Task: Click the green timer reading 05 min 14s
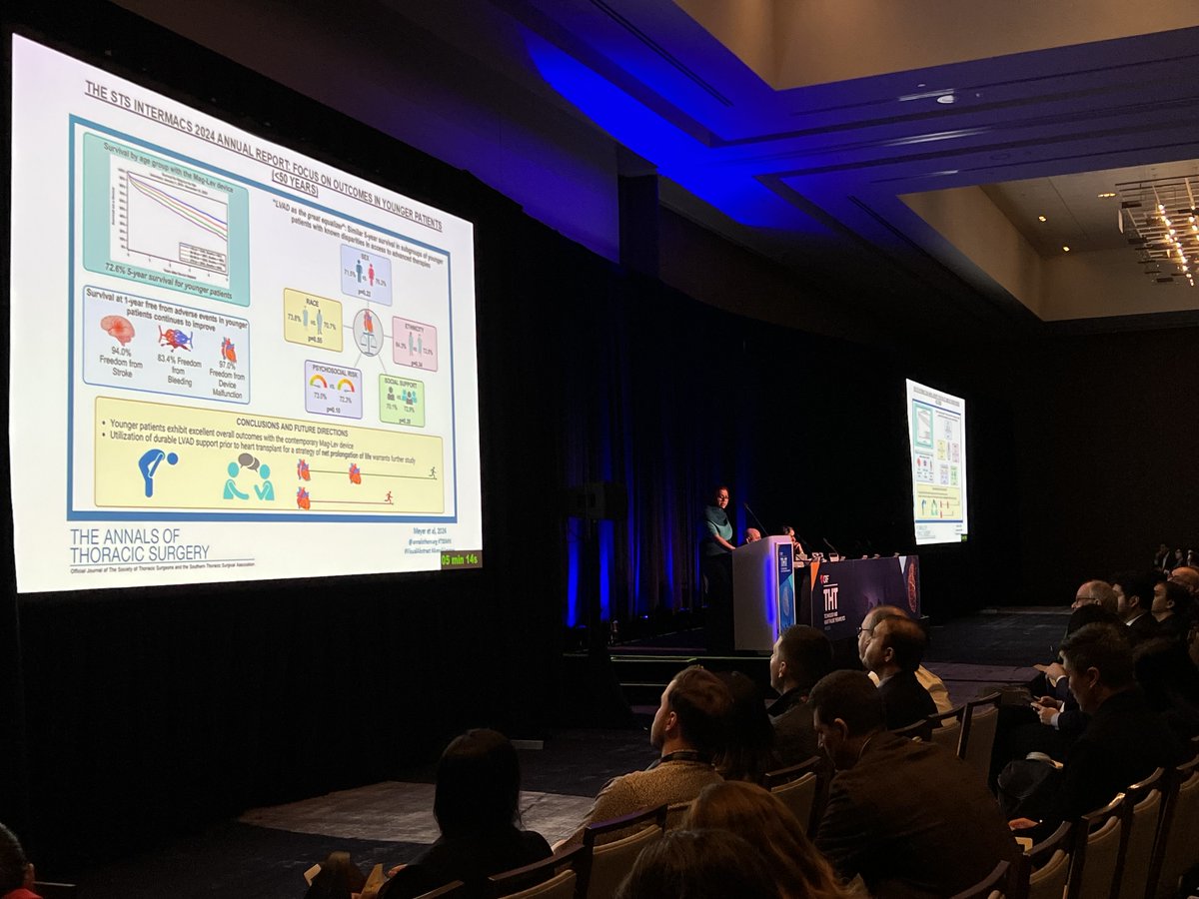[460, 559]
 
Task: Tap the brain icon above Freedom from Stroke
[117, 331]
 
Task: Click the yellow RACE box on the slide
[313, 320]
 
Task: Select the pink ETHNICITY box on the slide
[414, 344]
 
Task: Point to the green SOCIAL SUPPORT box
[401, 400]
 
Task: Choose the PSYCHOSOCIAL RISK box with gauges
[333, 389]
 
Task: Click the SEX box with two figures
[365, 275]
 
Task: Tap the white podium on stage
[762, 593]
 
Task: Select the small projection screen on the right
[936, 461]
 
